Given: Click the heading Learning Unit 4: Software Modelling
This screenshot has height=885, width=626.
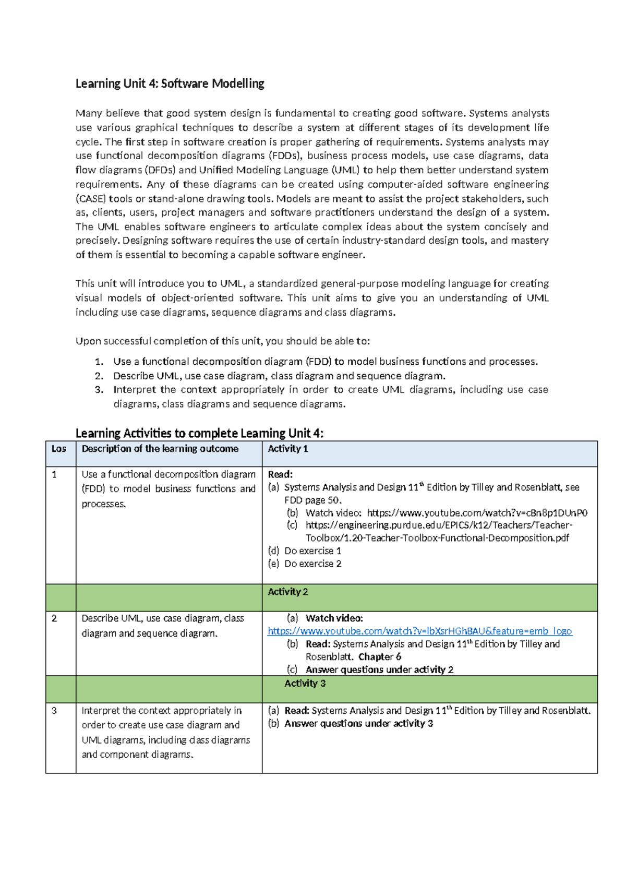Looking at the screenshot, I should (x=170, y=83).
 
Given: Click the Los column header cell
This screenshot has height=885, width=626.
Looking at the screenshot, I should (x=59, y=449).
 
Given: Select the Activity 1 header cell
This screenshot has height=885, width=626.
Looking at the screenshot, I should (x=287, y=449).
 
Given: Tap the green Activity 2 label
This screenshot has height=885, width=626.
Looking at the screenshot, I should (x=287, y=592).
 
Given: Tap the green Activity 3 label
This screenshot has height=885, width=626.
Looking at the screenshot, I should (x=305, y=684).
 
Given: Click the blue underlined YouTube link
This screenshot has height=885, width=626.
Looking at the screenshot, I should (x=419, y=631).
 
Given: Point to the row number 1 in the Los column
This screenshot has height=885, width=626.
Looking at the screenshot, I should (x=54, y=474).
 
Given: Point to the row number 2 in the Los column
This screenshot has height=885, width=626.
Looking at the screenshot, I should (x=54, y=618).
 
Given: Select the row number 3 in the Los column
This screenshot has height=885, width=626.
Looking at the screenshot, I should (x=54, y=711).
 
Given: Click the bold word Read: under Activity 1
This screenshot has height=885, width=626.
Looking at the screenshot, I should (x=280, y=474).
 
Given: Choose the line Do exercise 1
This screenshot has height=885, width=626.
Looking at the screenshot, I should (x=312, y=551).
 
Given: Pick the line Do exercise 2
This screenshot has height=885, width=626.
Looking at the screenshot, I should (x=312, y=564).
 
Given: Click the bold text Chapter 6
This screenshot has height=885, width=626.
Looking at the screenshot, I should (x=379, y=657).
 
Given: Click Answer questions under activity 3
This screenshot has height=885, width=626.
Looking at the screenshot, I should (x=358, y=724).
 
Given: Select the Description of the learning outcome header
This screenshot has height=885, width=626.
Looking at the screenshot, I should (x=160, y=449).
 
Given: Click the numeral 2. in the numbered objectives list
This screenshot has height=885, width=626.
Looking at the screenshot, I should (x=99, y=376).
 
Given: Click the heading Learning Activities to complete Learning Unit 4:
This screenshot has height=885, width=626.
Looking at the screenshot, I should (x=199, y=433).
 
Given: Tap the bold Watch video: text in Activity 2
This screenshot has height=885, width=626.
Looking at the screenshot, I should (x=334, y=618).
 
